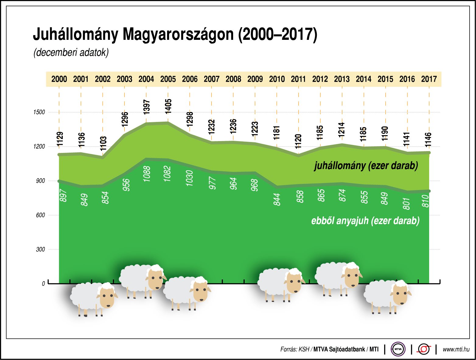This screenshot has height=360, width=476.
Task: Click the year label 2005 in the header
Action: coord(168,79)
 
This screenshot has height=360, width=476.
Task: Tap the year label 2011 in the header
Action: coord(298,79)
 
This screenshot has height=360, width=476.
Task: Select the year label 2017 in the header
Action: coord(429,79)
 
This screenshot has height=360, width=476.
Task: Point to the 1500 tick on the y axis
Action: coord(39,112)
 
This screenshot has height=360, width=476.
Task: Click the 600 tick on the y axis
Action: coord(40,215)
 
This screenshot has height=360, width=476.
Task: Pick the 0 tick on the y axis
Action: coord(43,284)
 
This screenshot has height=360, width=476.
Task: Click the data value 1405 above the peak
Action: coord(168,106)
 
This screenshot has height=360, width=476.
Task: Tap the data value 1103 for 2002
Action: coord(103,144)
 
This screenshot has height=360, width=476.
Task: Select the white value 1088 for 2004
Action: coord(147,174)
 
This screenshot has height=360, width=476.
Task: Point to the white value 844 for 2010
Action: coord(277,199)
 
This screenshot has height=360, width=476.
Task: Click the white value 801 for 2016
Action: coord(407,203)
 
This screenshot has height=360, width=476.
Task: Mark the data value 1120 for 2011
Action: coord(299,141)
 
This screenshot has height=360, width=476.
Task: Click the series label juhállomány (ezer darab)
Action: coord(366,166)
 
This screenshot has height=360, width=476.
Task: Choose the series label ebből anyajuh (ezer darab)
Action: coord(365,220)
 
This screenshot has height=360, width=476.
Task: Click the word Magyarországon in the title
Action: coord(178,34)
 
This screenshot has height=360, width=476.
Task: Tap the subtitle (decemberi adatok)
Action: coord(71,52)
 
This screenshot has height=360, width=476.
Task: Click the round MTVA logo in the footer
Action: coord(398,349)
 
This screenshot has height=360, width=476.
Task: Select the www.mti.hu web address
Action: coord(456,349)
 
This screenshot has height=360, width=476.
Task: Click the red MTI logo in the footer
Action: coord(424,349)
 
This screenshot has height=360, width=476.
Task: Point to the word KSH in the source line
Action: coord(303,349)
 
